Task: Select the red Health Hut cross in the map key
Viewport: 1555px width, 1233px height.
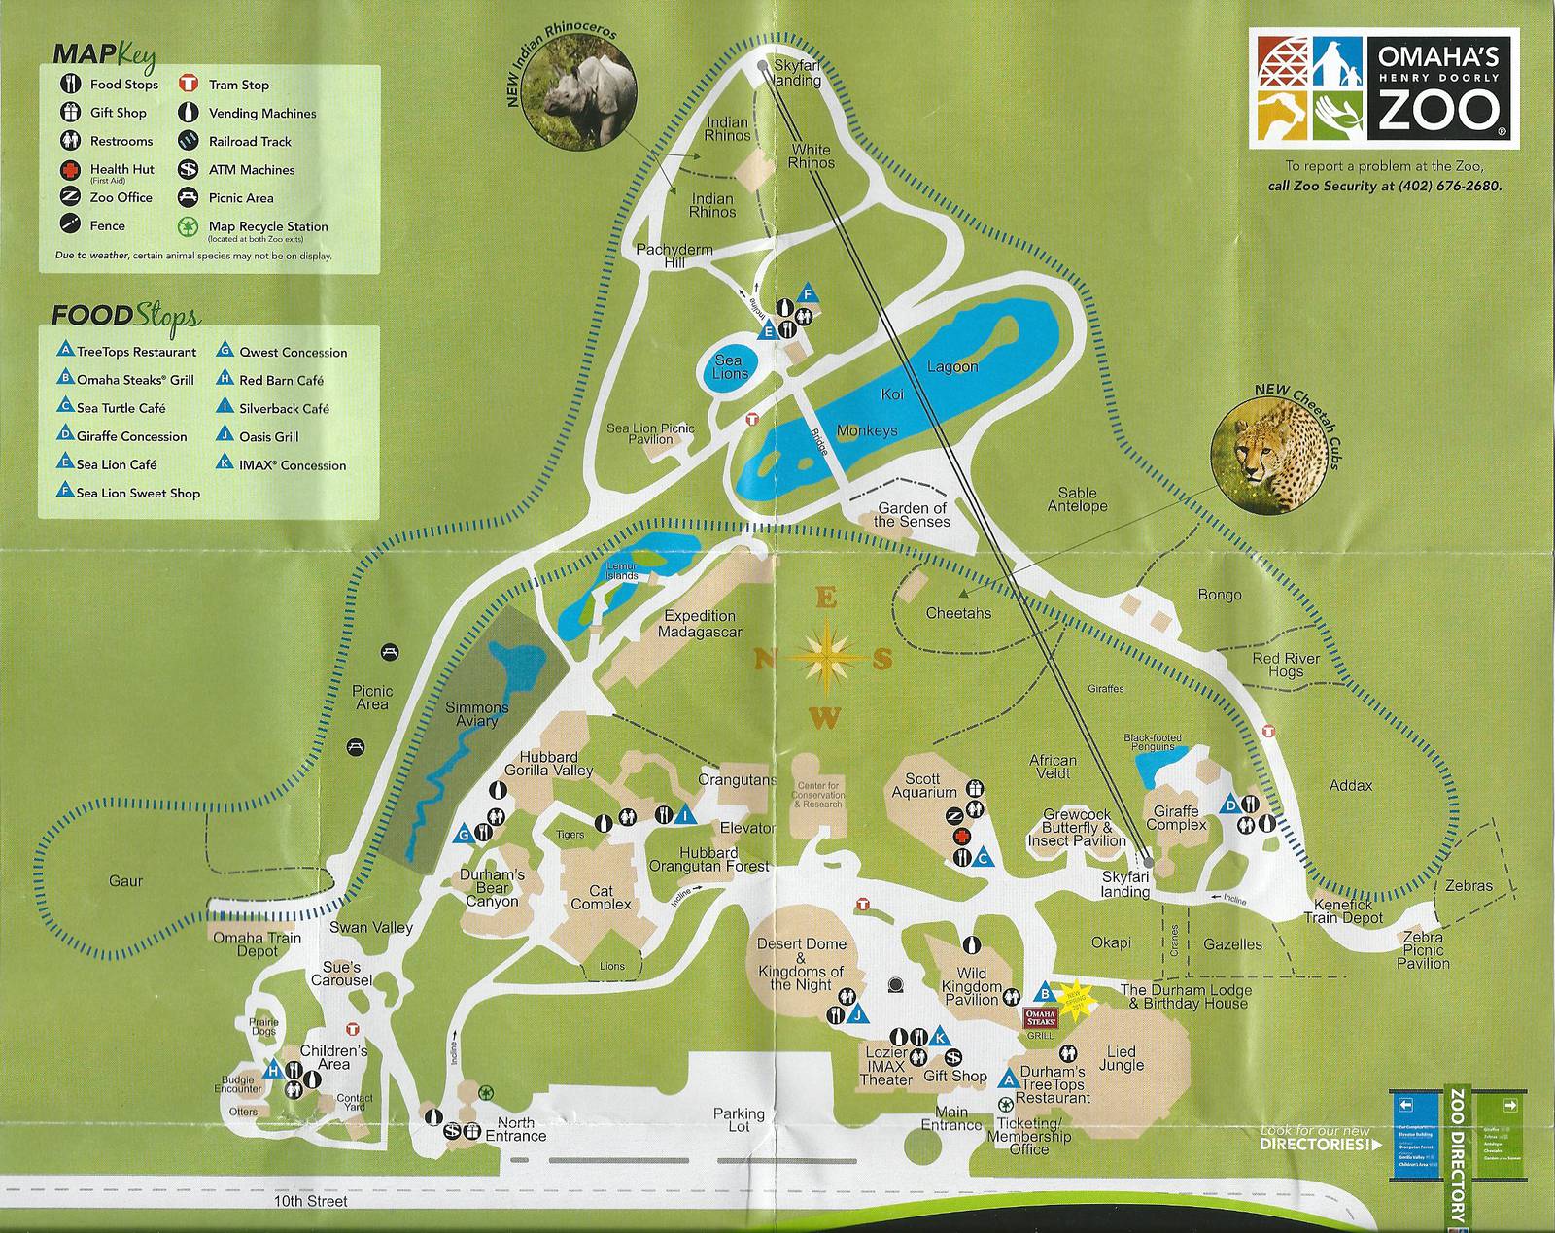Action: click(72, 169)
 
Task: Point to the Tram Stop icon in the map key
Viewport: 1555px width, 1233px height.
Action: click(189, 85)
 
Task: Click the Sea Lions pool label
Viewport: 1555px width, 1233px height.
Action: click(729, 367)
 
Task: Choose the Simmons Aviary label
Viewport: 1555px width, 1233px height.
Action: click(476, 714)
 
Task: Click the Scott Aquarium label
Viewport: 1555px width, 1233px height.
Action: click(923, 785)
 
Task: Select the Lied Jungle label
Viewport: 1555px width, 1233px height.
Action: click(1121, 1058)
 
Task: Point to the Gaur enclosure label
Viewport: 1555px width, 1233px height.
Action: click(125, 881)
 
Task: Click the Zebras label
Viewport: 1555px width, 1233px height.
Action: click(1468, 886)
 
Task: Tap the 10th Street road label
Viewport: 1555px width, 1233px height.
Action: click(311, 1201)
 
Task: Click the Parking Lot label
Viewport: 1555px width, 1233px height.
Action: click(739, 1120)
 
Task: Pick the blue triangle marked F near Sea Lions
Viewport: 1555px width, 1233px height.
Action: click(806, 293)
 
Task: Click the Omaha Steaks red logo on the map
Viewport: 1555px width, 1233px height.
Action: click(1040, 1016)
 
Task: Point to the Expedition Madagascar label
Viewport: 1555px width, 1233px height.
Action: click(700, 624)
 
